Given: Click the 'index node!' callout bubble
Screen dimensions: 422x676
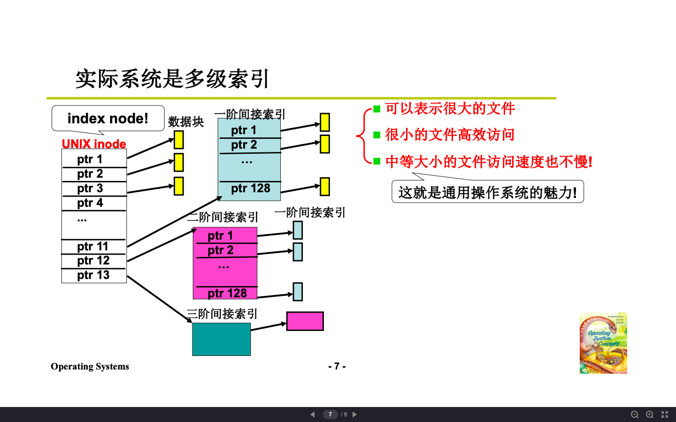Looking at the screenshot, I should (x=108, y=119).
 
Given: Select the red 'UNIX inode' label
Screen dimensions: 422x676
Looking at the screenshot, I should (x=94, y=144).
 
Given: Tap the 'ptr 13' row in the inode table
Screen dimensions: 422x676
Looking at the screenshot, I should (x=93, y=275).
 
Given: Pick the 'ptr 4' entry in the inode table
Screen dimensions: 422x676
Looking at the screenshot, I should (x=90, y=203).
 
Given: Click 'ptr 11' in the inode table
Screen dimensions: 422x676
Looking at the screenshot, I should (x=93, y=247).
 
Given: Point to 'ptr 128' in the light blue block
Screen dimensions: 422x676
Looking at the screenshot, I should (x=250, y=188).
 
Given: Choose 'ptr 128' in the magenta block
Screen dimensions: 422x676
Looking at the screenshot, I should (x=227, y=293).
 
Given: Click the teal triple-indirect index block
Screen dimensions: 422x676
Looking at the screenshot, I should (x=221, y=339).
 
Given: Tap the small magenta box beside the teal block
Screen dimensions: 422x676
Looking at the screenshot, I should (x=305, y=321).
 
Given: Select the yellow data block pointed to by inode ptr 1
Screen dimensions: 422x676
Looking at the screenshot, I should (x=178, y=140).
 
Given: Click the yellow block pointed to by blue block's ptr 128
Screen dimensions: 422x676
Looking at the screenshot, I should (x=324, y=187).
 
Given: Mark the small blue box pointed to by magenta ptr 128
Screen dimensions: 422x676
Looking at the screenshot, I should (x=298, y=292).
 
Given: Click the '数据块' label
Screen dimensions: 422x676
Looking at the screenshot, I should (x=186, y=122).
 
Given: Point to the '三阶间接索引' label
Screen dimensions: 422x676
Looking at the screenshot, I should (x=222, y=314).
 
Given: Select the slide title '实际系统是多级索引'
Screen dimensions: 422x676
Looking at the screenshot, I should (x=172, y=79).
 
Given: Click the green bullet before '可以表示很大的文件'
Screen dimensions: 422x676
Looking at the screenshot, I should (x=376, y=109).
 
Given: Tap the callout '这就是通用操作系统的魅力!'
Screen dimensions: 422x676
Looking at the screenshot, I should (x=487, y=192).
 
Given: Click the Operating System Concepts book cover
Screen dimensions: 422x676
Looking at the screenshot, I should (x=603, y=343).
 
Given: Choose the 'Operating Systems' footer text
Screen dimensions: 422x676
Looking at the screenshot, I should (x=90, y=366).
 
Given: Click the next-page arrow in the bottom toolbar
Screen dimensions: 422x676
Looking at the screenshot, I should (x=355, y=414).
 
